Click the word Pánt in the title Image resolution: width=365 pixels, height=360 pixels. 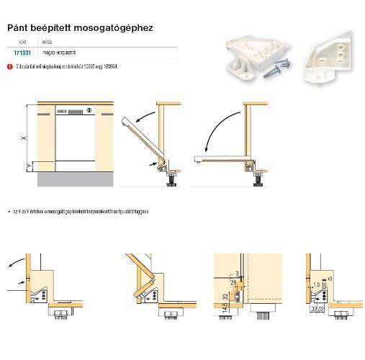(19, 28)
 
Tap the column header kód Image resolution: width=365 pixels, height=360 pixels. (22, 42)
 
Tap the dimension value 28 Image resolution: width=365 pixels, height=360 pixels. (234, 283)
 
